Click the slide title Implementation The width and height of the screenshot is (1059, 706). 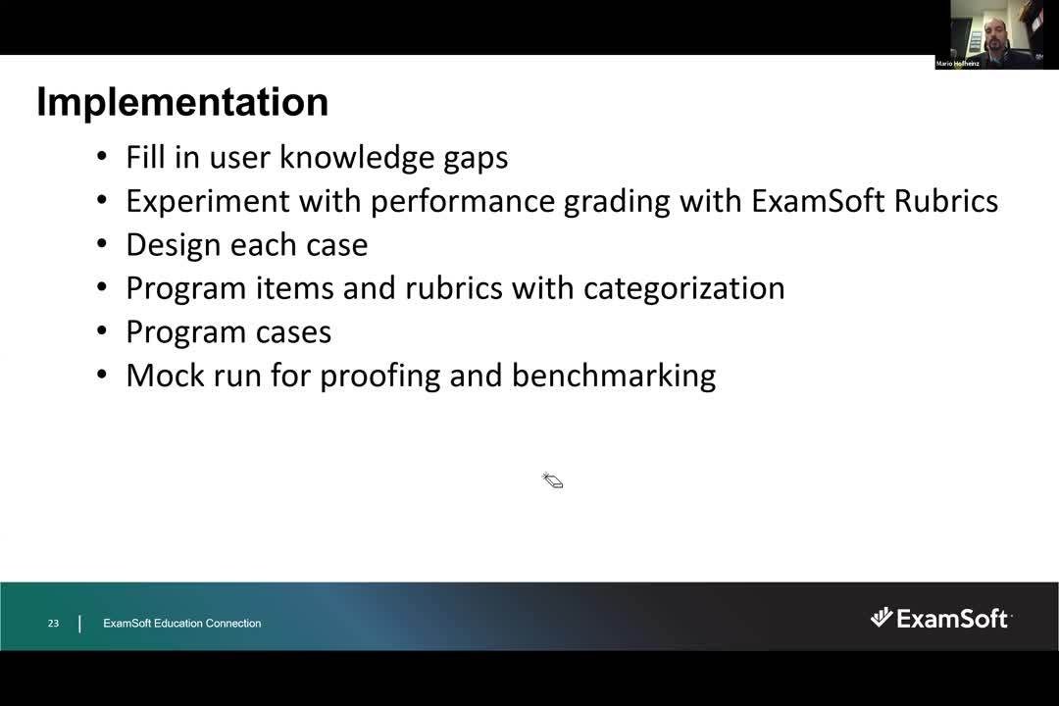tap(182, 102)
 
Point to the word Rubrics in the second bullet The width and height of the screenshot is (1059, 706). tap(945, 201)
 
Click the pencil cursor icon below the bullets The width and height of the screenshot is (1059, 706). tap(552, 480)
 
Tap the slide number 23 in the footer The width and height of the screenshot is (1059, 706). tap(53, 624)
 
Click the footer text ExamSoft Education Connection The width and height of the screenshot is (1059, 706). tap(182, 624)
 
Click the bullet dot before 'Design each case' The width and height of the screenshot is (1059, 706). tap(102, 245)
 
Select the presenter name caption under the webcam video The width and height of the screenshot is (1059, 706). tap(958, 64)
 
